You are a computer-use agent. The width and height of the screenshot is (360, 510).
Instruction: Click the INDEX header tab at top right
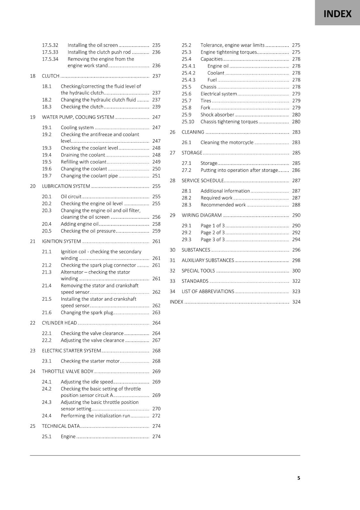point(337,14)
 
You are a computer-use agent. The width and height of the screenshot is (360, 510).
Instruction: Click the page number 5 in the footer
point(299,478)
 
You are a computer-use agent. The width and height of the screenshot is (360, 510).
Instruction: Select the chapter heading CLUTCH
point(51,76)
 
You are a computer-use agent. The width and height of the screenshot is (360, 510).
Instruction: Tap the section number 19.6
point(47,169)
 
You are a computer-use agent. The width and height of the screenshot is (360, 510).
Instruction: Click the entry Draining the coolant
point(83,155)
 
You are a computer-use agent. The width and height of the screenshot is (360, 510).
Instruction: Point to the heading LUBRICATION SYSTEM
point(66,186)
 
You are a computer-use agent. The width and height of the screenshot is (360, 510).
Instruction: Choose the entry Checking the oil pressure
point(88,231)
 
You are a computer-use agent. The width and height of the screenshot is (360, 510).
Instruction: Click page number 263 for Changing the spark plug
point(156,313)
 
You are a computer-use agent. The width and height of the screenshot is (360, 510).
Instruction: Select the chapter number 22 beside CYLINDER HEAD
point(32,323)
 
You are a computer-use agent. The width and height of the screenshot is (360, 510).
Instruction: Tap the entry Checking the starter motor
point(90,361)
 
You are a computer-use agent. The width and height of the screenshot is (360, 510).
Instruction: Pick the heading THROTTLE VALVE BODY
point(68,371)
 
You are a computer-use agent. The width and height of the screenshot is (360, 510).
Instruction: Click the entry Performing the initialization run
point(96,416)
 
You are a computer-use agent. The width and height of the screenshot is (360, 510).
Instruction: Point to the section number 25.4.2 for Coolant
point(189,73)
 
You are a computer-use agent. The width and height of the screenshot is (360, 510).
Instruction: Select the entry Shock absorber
point(217,115)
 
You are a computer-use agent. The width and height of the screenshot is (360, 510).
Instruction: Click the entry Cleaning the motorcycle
point(227,142)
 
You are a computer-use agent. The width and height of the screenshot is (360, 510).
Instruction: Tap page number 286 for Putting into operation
point(296,170)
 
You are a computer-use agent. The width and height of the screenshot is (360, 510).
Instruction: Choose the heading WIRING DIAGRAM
point(202,215)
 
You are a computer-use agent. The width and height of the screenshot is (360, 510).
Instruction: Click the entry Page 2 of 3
point(212,233)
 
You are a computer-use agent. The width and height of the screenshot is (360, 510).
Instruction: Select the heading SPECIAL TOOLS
point(198,271)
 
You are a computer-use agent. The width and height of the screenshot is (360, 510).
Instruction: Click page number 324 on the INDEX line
point(296,302)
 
